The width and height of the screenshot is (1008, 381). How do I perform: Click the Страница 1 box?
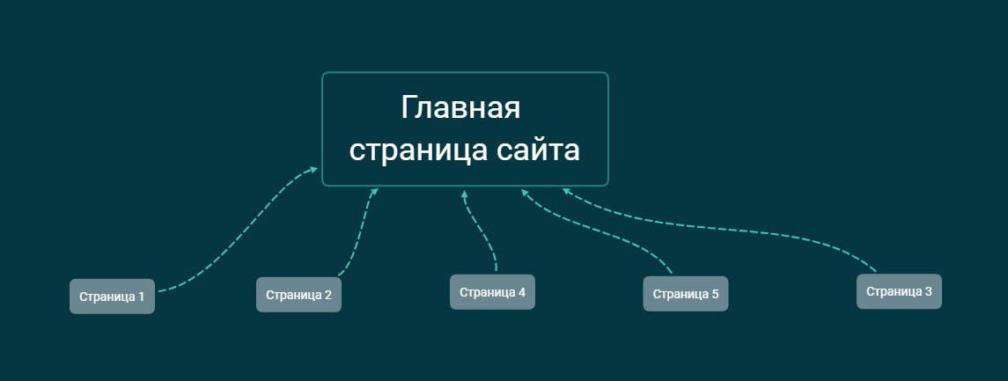(112, 297)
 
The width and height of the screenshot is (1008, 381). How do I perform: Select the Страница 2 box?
(298, 295)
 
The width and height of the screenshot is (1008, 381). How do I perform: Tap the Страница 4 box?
(492, 292)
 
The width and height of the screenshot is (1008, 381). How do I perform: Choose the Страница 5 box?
(685, 294)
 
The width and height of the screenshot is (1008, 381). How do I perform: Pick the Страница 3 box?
(899, 291)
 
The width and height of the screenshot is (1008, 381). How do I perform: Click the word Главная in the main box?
(460, 106)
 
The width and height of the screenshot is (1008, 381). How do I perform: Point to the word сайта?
(538, 150)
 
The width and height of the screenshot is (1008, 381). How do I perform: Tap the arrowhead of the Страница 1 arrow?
(313, 170)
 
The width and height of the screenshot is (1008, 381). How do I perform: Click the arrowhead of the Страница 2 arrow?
(375, 192)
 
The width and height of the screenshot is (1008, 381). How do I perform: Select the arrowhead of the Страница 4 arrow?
(464, 194)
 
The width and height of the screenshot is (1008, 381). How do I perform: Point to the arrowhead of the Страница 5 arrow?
(525, 192)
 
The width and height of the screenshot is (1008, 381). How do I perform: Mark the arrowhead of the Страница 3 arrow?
(566, 191)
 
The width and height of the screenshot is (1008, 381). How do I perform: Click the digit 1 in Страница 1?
(141, 297)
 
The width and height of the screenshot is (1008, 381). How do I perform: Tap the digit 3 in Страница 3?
(928, 291)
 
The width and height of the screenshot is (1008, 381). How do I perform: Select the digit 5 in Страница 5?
(715, 294)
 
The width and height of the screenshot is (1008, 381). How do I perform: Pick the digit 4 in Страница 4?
(521, 292)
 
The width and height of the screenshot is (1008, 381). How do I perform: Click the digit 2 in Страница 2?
(327, 296)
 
